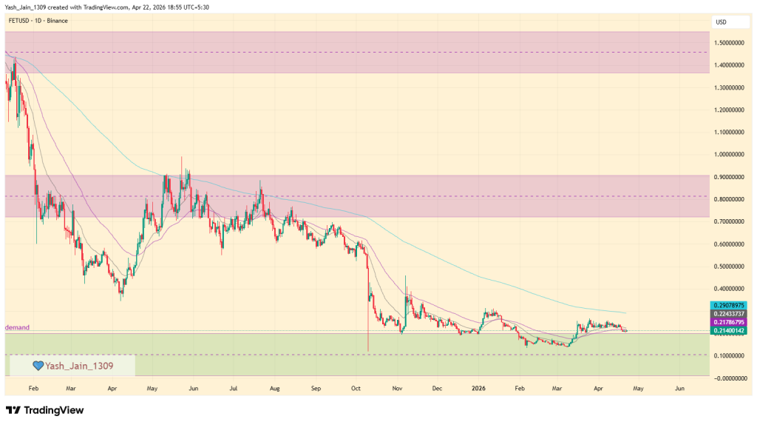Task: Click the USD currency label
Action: (x=720, y=22)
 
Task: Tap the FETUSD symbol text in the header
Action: (x=18, y=21)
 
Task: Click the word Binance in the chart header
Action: (x=57, y=21)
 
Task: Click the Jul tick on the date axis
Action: (x=233, y=387)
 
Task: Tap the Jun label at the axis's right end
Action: (x=680, y=387)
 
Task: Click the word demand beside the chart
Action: (x=17, y=327)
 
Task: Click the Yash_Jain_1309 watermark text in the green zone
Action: (x=80, y=365)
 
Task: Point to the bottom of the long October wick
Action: (x=367, y=350)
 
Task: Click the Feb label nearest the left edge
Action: (x=33, y=387)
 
